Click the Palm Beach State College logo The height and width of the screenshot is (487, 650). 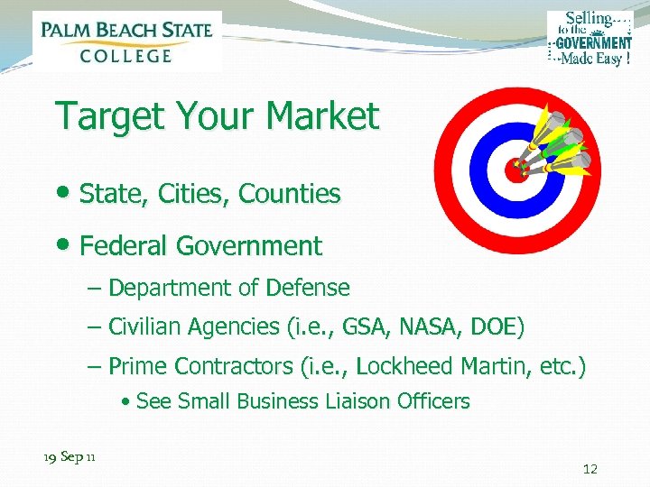pos(126,41)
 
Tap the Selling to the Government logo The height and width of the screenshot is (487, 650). pos(590,39)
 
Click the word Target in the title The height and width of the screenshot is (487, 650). pos(106,116)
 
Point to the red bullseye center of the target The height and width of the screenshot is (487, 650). pos(516,169)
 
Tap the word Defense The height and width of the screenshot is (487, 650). pos(311,289)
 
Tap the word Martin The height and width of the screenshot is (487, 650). pos(488,366)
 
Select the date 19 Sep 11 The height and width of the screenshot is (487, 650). pos(70,457)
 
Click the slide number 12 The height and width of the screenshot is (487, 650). pos(590,469)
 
